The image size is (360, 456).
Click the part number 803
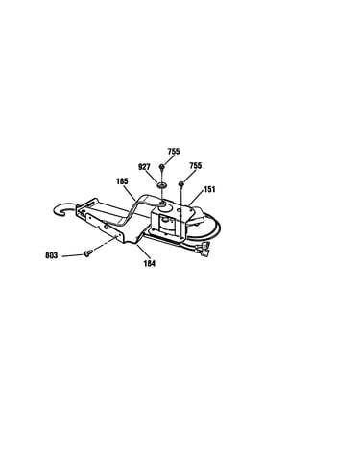52,255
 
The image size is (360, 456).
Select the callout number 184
150,263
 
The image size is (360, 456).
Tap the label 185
122,181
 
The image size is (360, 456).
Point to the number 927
144,167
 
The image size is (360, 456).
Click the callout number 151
209,189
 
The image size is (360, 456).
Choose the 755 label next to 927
174,151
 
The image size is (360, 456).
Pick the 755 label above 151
196,165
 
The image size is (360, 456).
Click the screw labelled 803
87,253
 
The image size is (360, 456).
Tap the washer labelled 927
162,185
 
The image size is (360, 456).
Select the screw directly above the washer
162,167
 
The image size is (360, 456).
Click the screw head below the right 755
181,183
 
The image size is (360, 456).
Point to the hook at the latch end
65,208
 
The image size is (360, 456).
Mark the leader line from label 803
72,255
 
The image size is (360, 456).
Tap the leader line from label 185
130,193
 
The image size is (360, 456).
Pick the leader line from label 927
153,177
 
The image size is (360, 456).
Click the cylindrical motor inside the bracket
166,223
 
